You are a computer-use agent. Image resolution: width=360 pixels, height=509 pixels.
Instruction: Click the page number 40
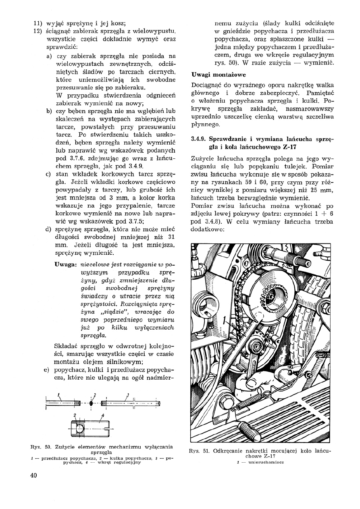click(x=33, y=475)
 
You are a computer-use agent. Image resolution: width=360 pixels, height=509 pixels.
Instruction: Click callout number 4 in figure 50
click(x=103, y=415)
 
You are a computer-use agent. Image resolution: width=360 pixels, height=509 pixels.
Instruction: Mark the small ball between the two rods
click(x=92, y=403)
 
